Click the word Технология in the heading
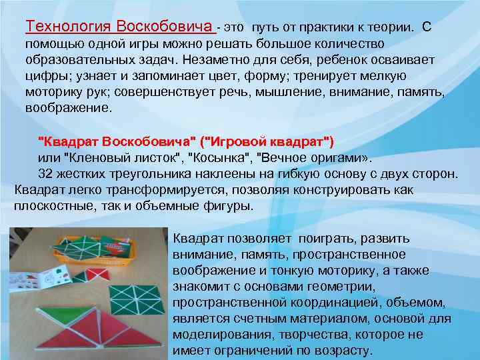(69, 27)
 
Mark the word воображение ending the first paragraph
(69, 107)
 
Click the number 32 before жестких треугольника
(45, 174)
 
